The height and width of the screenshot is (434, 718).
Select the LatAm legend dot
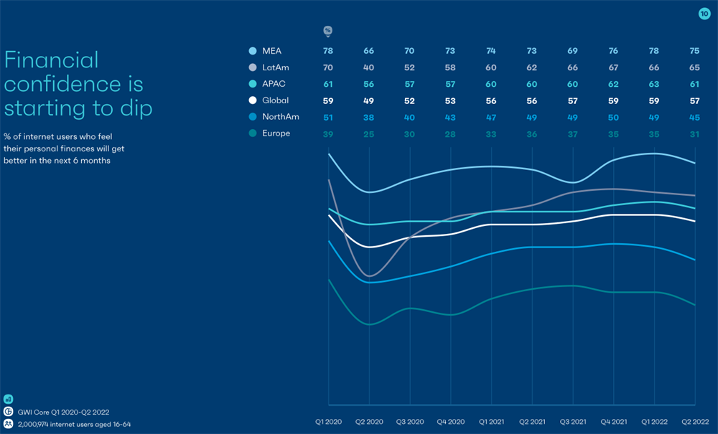pos(253,67)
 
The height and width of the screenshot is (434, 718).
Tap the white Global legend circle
pos(253,100)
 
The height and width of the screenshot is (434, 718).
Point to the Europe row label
pos(276,133)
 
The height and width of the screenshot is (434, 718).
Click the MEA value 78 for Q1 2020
pos(328,51)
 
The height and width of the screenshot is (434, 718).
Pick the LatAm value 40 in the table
pos(369,67)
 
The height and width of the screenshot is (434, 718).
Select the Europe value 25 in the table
pos(369,133)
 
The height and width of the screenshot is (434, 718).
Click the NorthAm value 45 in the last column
pos(695,117)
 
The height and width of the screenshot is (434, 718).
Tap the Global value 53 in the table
pos(450,100)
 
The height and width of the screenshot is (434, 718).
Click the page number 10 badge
pos(704,14)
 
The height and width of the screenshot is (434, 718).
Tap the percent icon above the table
pos(328,31)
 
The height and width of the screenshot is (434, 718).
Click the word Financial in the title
pos(51,60)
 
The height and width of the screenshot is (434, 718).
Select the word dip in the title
pos(136,108)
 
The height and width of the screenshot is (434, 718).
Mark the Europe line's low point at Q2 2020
pos(369,324)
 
